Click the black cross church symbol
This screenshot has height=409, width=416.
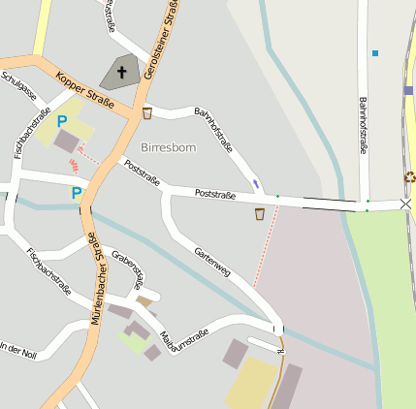[x=123, y=72]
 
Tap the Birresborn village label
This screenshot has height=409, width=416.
[x=168, y=147]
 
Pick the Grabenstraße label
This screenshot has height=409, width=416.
[x=129, y=268]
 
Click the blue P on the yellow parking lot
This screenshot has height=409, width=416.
[x=62, y=122]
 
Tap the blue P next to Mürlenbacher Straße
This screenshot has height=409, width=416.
[x=77, y=194]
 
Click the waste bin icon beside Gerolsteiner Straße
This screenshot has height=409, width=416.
[x=147, y=113]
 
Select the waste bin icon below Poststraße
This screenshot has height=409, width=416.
[x=260, y=213]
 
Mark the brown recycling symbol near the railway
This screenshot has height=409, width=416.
[x=409, y=177]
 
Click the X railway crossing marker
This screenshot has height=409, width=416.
[x=405, y=204]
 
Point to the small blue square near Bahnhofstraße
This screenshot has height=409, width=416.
[x=375, y=52]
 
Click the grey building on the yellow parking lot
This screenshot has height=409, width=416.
[x=67, y=142]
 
